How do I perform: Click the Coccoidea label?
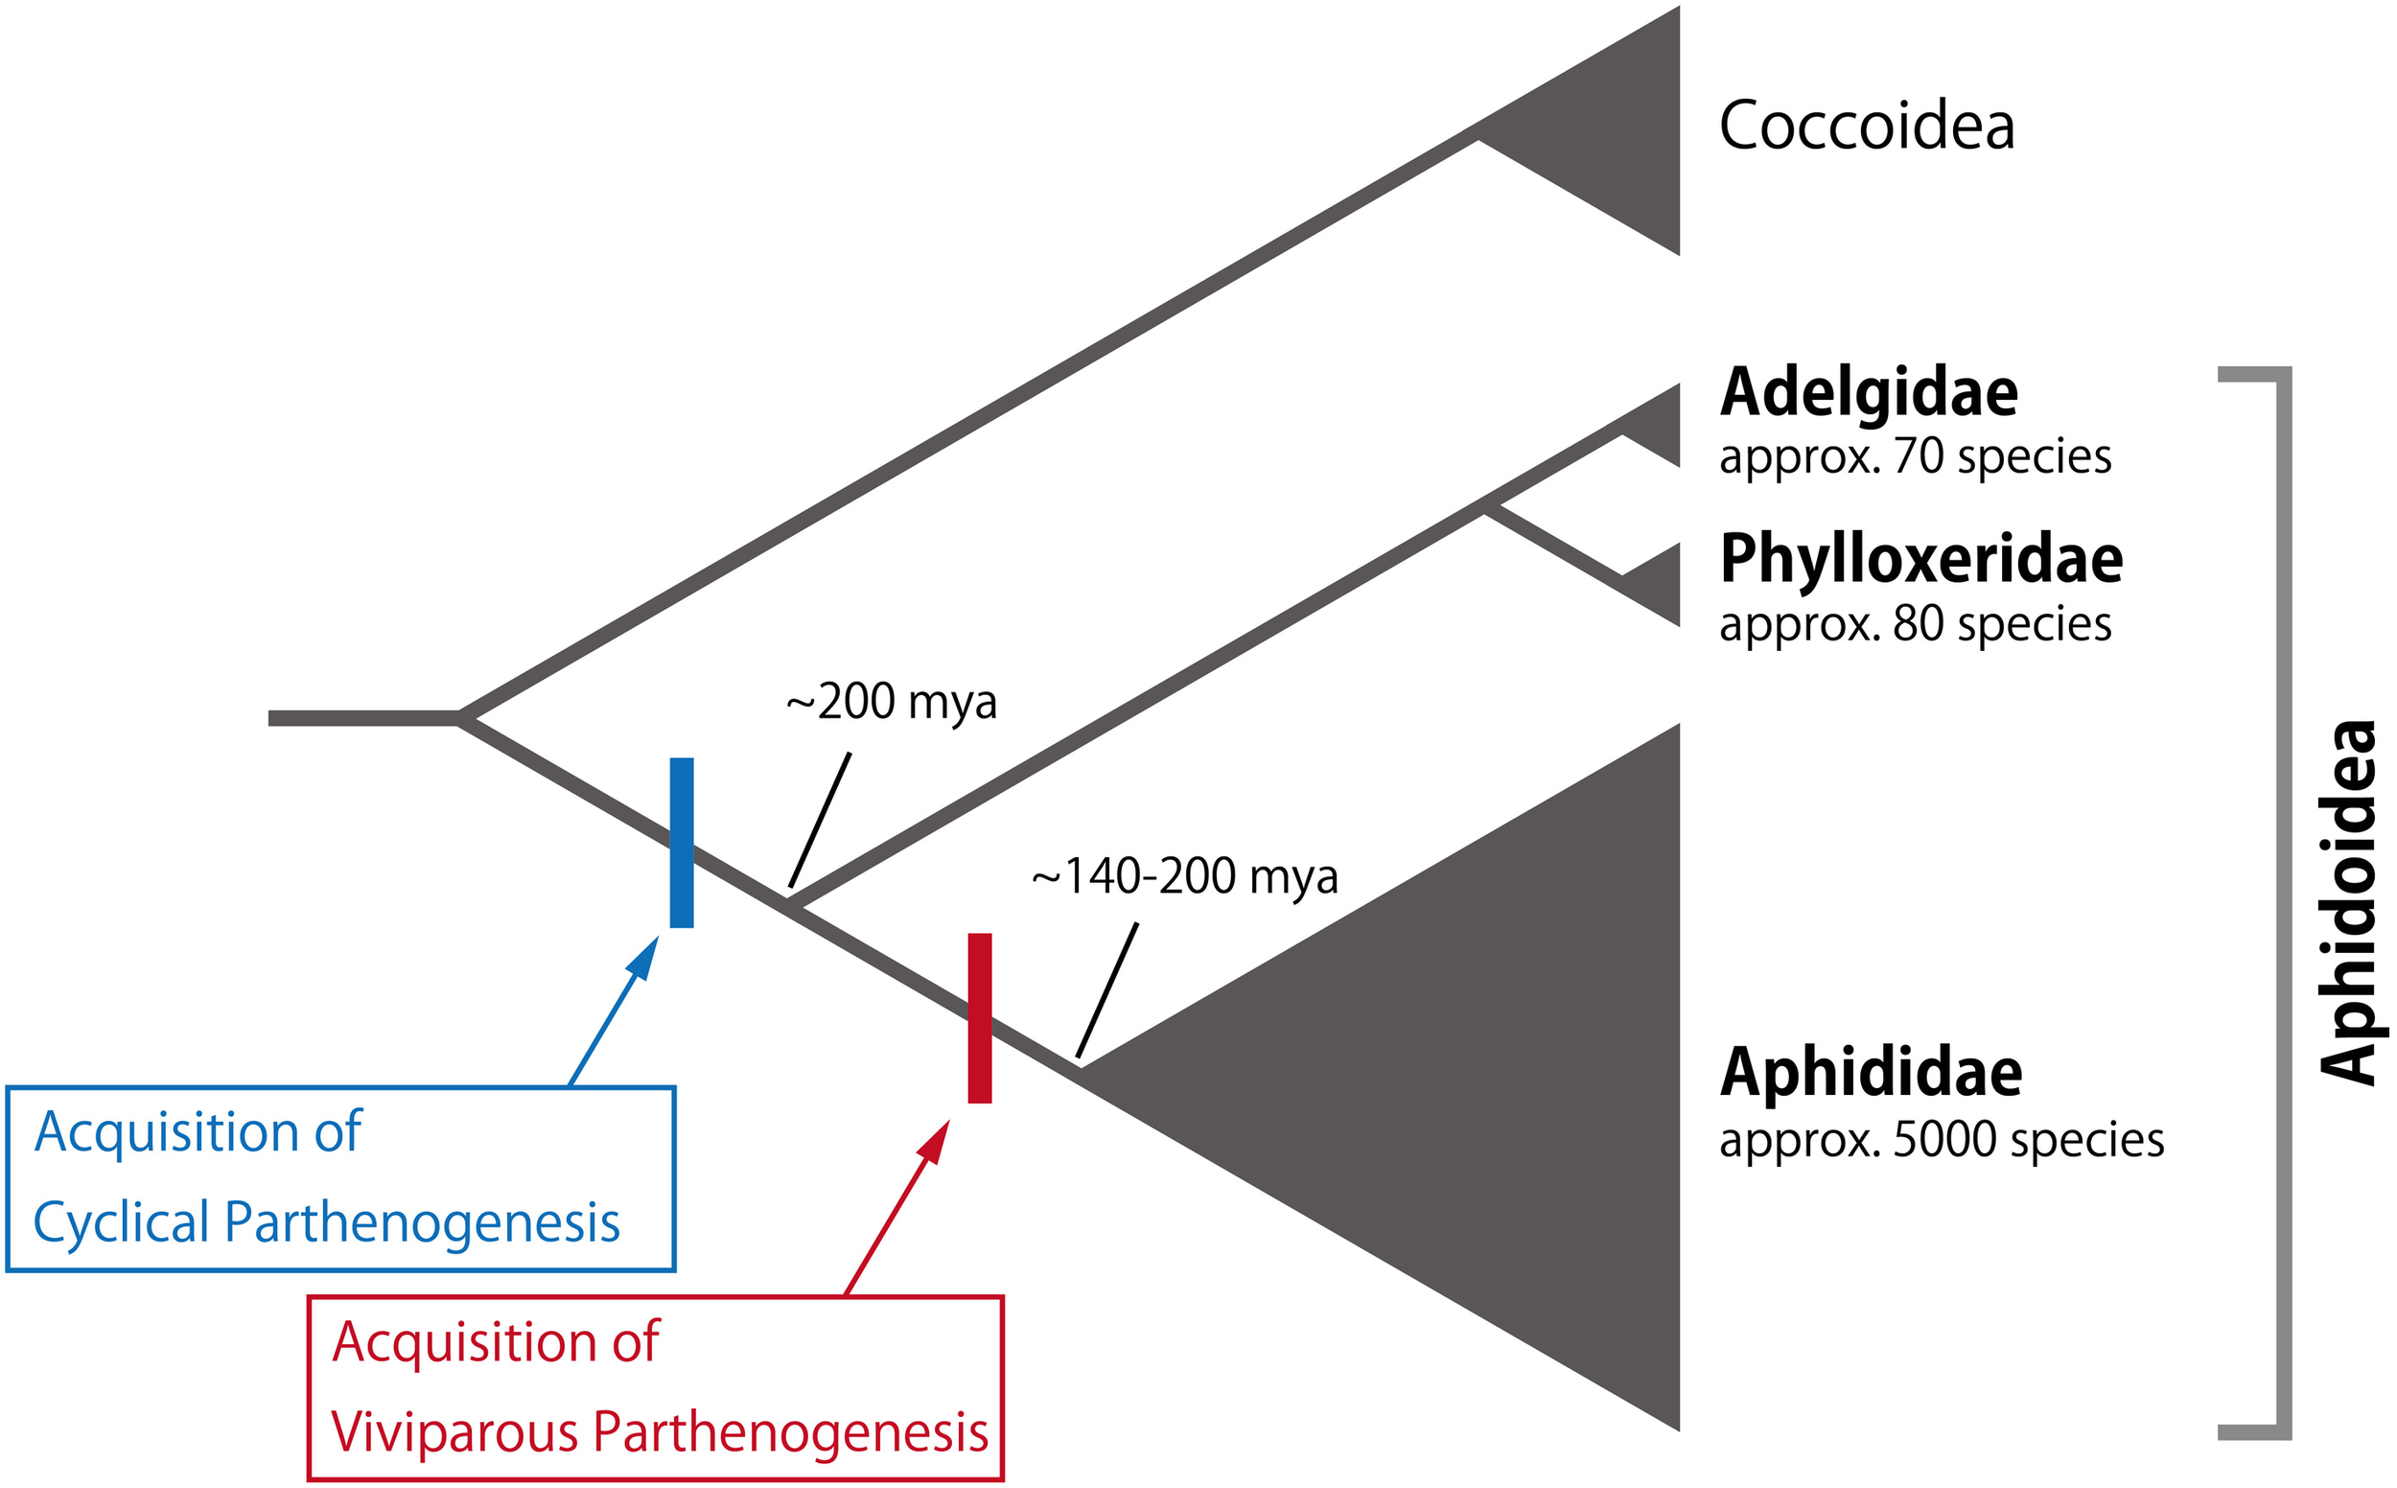(1866, 126)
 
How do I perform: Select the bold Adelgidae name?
(1868, 392)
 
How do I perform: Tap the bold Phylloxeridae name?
(1920, 558)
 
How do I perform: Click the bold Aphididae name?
(1870, 1072)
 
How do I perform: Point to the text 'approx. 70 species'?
(1914, 456)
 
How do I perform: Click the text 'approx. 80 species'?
(1914, 624)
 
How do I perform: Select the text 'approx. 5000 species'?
(1941, 1140)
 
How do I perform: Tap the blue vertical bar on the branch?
(681, 843)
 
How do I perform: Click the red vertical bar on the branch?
(979, 1018)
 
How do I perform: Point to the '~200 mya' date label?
(891, 703)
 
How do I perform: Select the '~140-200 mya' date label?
(1184, 877)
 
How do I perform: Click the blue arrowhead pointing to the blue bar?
(644, 957)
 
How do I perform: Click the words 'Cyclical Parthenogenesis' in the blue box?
(327, 1222)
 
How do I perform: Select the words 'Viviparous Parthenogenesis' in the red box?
(660, 1431)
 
